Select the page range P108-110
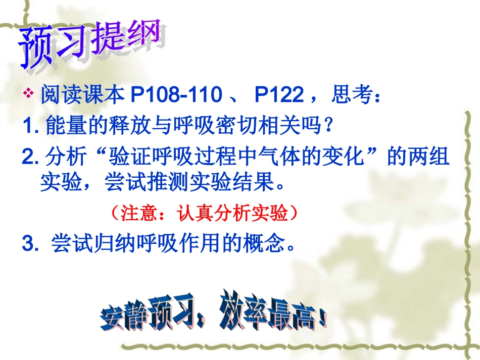176,94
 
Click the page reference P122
279,94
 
